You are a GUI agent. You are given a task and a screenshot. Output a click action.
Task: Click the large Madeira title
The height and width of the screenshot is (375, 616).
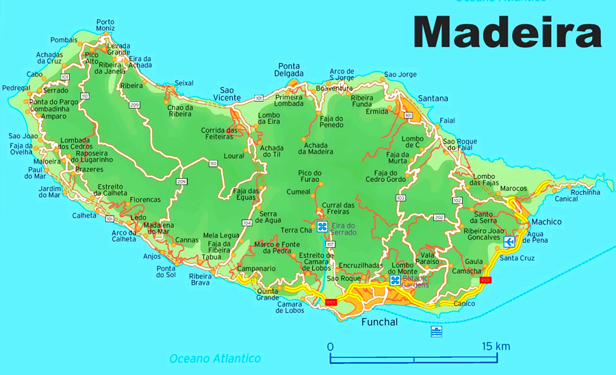(507, 33)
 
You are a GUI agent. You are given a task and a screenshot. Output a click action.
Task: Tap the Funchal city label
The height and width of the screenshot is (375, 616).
(378, 322)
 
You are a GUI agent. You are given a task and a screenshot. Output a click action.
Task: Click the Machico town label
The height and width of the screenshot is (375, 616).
(546, 222)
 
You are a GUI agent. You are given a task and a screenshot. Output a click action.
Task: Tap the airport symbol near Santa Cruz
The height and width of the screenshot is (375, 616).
(509, 242)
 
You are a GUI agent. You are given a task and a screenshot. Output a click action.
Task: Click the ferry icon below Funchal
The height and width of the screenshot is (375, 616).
(436, 332)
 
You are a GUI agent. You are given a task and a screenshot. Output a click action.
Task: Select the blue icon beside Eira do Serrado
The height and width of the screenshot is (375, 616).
(322, 226)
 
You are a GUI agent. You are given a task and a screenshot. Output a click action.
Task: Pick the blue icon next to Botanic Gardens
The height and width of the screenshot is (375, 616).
(395, 280)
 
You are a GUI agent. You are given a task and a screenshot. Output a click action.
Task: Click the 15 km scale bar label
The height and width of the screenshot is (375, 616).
(496, 346)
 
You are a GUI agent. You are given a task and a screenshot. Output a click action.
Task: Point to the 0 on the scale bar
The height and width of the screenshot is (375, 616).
(330, 346)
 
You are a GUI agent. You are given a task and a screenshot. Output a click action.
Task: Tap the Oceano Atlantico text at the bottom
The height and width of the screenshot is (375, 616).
(215, 359)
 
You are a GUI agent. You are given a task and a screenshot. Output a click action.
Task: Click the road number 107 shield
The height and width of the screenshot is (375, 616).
(331, 244)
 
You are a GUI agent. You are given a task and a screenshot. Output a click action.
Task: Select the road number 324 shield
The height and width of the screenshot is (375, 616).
(246, 222)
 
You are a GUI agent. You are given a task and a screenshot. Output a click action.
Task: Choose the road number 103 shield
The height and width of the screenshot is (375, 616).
(400, 198)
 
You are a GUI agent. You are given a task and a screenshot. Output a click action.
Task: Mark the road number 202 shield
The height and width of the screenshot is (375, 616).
(439, 218)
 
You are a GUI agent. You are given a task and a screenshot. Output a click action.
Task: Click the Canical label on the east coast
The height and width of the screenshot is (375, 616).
(566, 199)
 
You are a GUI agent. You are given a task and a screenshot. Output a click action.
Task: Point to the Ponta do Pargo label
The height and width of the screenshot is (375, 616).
(49, 102)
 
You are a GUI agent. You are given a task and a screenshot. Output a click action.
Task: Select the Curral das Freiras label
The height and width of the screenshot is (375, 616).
(338, 209)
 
